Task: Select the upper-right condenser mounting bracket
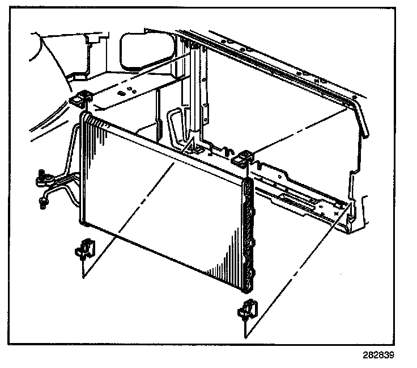tap(244, 157)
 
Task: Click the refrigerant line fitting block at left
tap(44, 181)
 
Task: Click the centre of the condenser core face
tap(164, 199)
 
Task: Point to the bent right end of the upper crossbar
tap(363, 122)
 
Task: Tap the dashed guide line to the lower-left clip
tap(130, 219)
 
